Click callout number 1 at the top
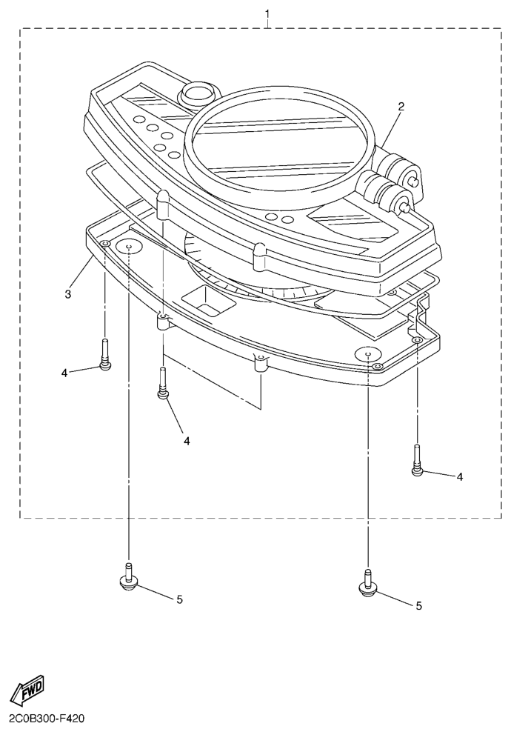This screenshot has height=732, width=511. click(x=267, y=14)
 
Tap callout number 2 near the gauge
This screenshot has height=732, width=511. click(x=401, y=106)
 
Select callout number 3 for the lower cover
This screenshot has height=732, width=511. click(x=67, y=294)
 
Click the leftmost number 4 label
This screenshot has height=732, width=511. click(x=64, y=373)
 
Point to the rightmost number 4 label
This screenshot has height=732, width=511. click(x=459, y=476)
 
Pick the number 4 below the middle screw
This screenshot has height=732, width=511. click(x=187, y=440)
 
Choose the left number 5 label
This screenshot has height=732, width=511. click(x=179, y=599)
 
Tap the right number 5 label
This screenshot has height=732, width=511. click(x=418, y=605)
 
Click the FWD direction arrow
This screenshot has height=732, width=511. click(x=27, y=692)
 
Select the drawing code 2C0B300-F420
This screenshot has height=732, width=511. click(x=47, y=719)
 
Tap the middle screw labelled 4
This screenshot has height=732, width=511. click(x=163, y=385)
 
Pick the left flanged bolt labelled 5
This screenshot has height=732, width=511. click(x=129, y=576)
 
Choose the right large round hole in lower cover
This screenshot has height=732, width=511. click(x=368, y=353)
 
